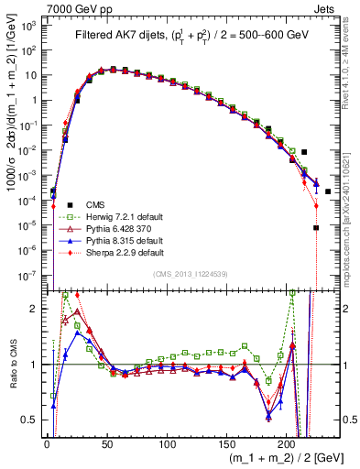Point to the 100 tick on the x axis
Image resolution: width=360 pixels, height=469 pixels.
tap(167, 443)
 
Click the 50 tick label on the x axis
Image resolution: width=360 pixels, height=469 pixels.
tap(107, 443)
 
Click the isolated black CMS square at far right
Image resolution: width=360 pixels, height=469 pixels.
tap(327, 191)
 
